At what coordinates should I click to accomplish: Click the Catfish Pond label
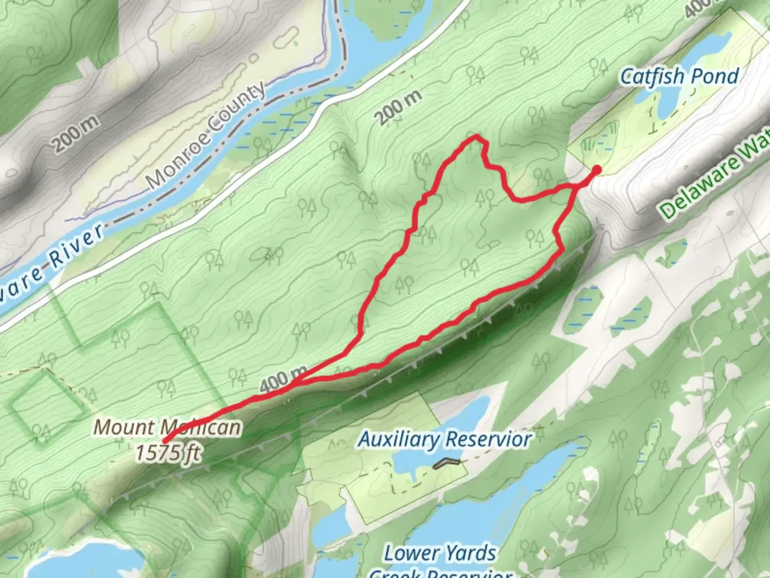point(679,77)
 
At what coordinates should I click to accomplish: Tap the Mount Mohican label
point(167,428)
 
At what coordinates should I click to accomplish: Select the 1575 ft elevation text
point(168,453)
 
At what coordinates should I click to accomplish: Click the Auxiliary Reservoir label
point(445,439)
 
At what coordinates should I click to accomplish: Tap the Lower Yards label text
point(440,553)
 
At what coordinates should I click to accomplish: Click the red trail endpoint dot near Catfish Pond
point(596,170)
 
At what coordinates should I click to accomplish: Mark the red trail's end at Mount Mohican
point(165,442)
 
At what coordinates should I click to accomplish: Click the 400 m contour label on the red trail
point(284,379)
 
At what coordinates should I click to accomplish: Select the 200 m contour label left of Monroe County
point(75,133)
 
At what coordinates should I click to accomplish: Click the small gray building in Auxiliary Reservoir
point(446,463)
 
